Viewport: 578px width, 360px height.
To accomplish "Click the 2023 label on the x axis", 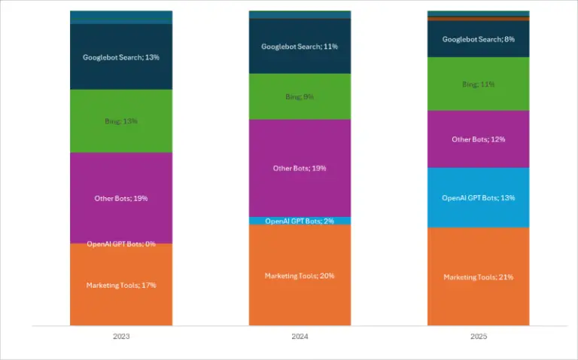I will coord(120,337).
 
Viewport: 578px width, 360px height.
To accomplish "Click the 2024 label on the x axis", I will coord(300,337).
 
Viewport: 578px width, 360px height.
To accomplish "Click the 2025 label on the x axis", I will coord(478,337).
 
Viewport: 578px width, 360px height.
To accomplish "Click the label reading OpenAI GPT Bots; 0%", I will coord(120,244).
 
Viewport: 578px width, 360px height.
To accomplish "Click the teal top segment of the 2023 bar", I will coord(120,17).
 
